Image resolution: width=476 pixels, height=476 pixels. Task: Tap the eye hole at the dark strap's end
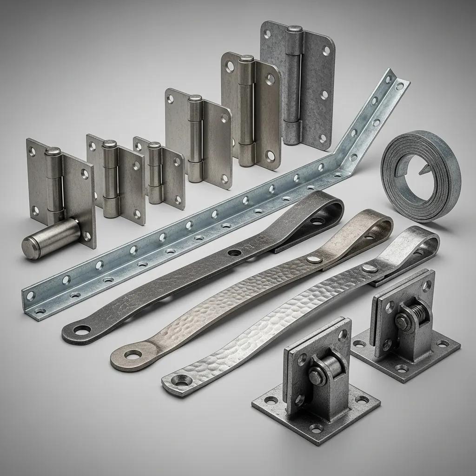coord(82,330)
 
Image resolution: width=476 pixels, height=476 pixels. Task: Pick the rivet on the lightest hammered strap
coord(370,268)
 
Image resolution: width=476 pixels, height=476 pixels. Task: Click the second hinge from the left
coord(116,177)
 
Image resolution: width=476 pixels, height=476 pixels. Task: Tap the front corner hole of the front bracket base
coord(316,428)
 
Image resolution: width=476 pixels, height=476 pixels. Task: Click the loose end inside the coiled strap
coord(424,172)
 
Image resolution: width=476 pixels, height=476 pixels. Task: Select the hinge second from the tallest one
coord(251,109)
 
